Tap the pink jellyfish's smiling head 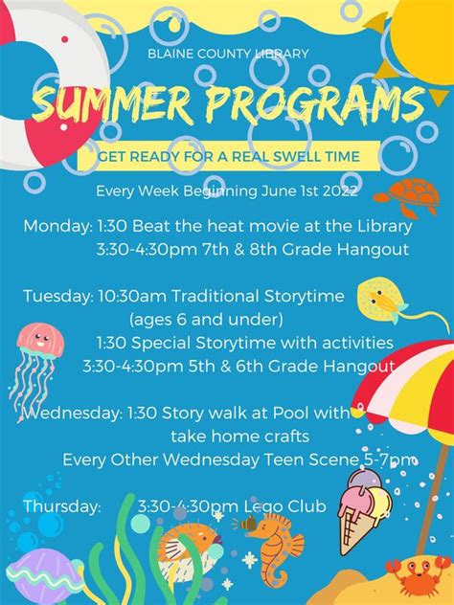pyautogui.click(x=40, y=340)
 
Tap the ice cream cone pyautogui.click(x=363, y=510)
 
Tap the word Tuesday pyautogui.click(x=58, y=297)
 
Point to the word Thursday pyautogui.click(x=61, y=506)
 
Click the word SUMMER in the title pyautogui.click(x=112, y=103)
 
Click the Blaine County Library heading pyautogui.click(x=228, y=54)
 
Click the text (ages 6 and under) pyautogui.click(x=206, y=320)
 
